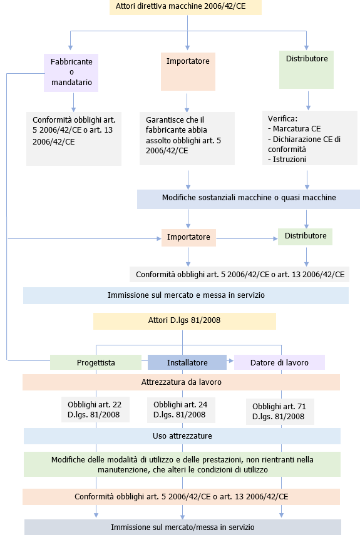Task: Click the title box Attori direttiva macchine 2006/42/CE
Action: pos(185,7)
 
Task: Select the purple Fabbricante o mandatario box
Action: pos(71,71)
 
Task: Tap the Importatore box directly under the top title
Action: pos(188,70)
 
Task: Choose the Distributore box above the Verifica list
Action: pos(306,69)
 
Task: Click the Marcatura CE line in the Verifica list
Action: pos(294,128)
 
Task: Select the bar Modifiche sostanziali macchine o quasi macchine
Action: pos(249,198)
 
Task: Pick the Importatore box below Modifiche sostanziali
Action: pos(188,238)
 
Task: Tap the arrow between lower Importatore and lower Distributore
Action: pos(247,238)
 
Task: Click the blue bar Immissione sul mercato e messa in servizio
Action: pos(186,295)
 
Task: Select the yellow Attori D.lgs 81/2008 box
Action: pos(184,320)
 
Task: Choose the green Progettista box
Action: pos(96,362)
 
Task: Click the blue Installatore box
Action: pos(187,362)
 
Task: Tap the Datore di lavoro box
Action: pos(279,362)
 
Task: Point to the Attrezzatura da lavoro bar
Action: pos(181,382)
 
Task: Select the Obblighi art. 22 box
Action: pos(95,409)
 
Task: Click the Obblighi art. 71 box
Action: pos(279,411)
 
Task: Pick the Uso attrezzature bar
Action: pos(182,436)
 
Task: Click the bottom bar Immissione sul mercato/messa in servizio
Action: pos(183,527)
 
